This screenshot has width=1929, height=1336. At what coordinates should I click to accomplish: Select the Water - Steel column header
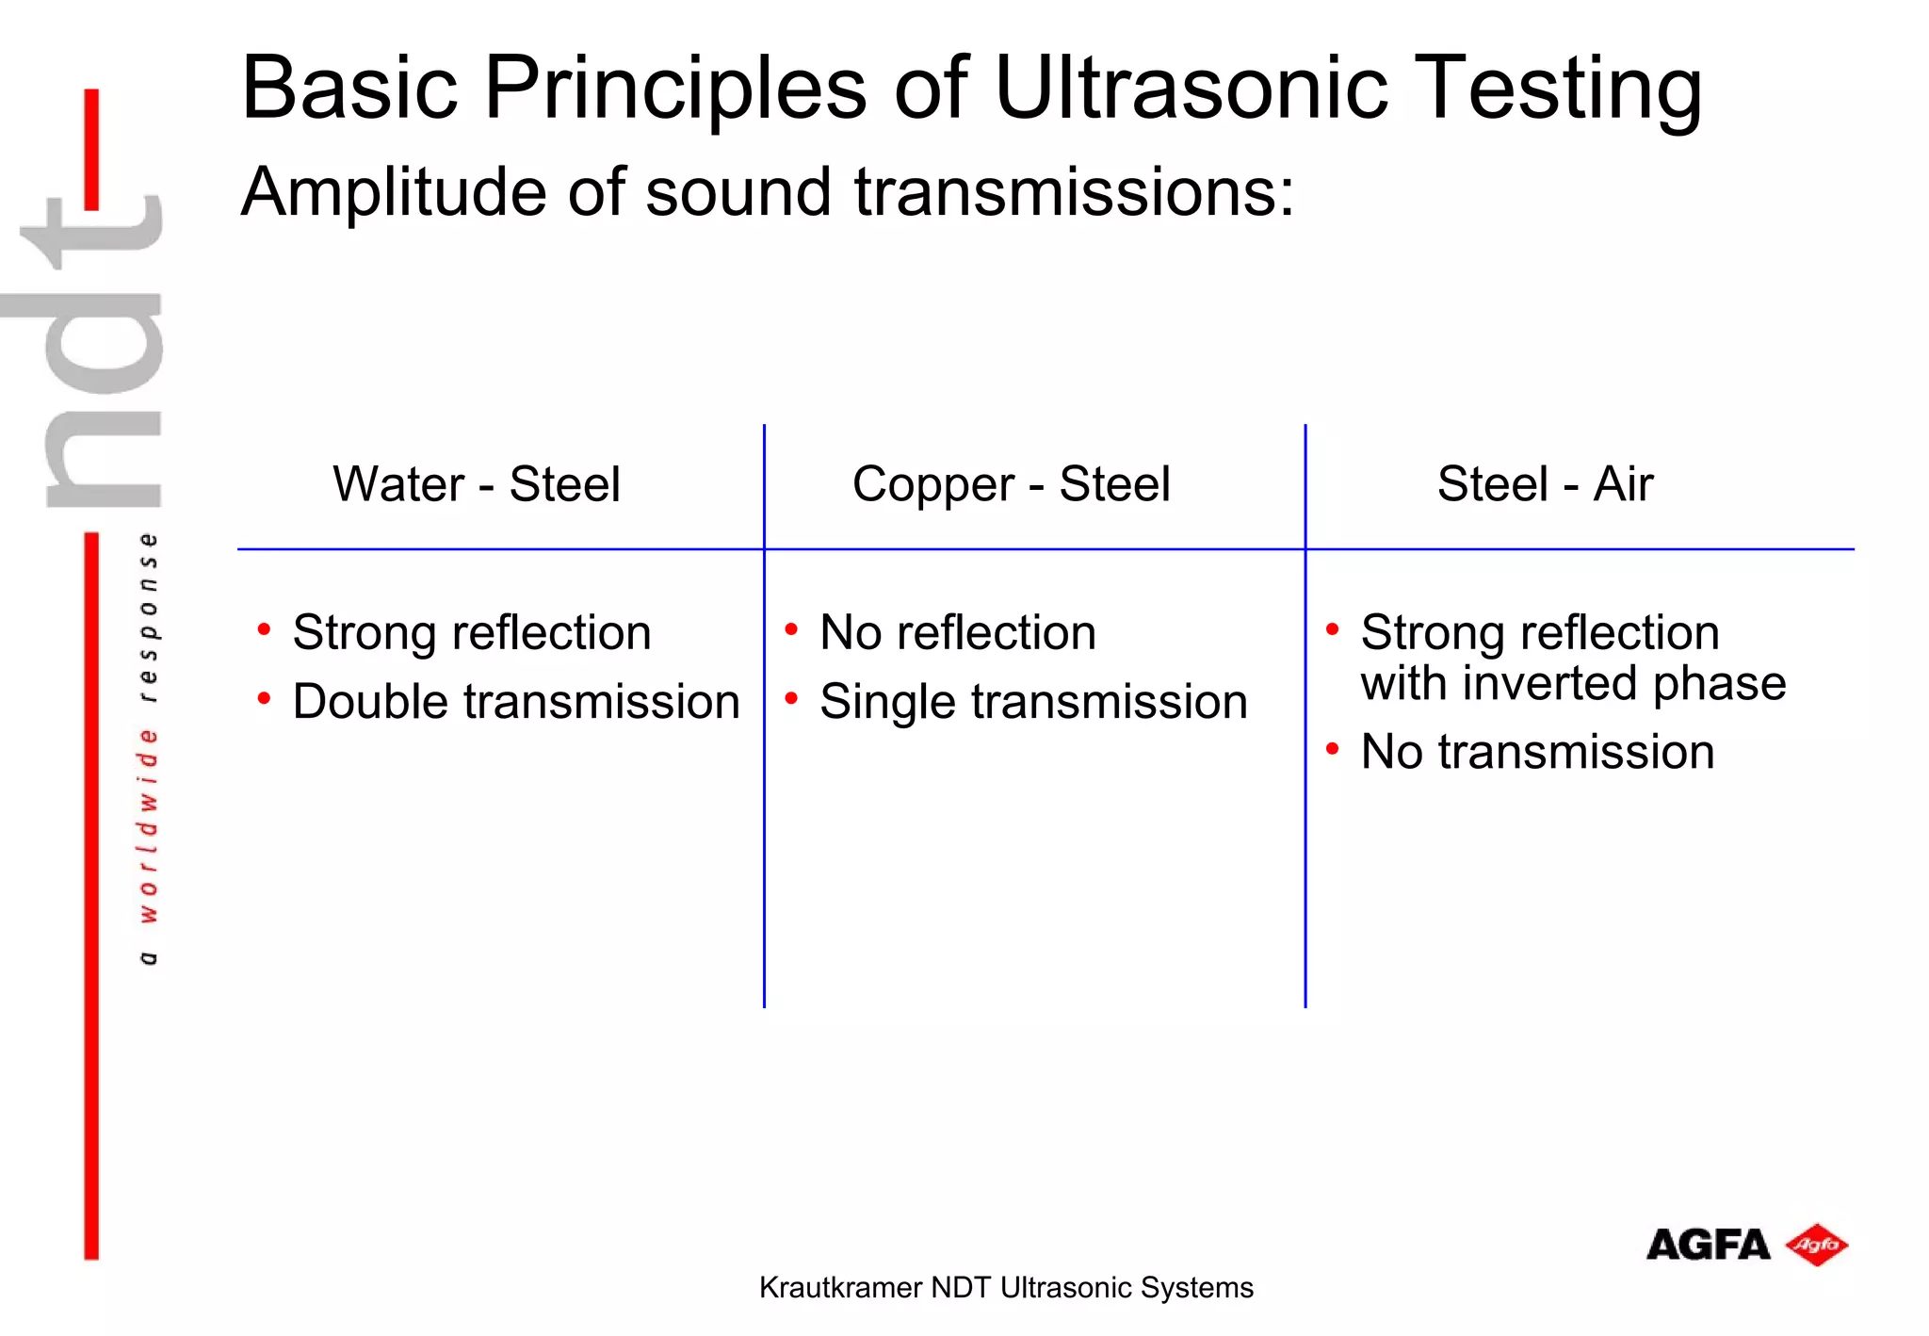click(x=477, y=484)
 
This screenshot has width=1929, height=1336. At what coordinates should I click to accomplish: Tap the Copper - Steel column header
click(x=1011, y=484)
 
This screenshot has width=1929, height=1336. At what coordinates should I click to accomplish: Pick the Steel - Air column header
click(x=1545, y=484)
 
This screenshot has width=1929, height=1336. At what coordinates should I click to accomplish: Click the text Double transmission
click(x=516, y=702)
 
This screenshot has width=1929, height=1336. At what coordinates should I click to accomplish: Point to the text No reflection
click(x=958, y=632)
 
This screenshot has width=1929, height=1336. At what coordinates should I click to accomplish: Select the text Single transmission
click(x=1033, y=702)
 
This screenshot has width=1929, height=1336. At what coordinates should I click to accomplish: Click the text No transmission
click(x=1537, y=752)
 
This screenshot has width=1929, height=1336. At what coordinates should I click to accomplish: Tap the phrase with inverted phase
click(x=1573, y=683)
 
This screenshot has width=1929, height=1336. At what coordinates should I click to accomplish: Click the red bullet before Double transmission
click(x=265, y=698)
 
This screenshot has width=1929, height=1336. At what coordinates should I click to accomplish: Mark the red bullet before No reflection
click(x=791, y=628)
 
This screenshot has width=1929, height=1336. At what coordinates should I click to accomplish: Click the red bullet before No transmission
click(x=1332, y=749)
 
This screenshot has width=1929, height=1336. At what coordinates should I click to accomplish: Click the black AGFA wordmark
click(x=1708, y=1246)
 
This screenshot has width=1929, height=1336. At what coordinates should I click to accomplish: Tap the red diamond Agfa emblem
click(x=1817, y=1246)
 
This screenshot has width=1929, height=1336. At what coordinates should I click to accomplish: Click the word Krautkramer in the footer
click(x=840, y=1288)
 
